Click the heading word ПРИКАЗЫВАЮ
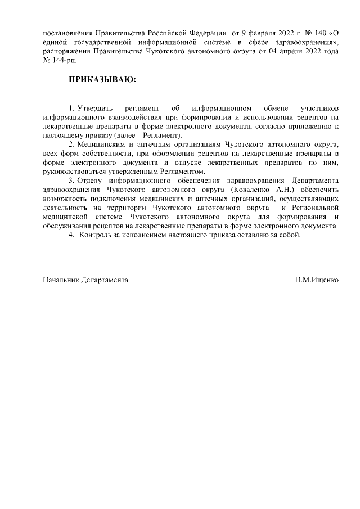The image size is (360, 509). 102,80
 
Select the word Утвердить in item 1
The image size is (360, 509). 96,107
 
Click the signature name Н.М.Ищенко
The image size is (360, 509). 316,278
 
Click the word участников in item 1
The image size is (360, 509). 319,107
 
